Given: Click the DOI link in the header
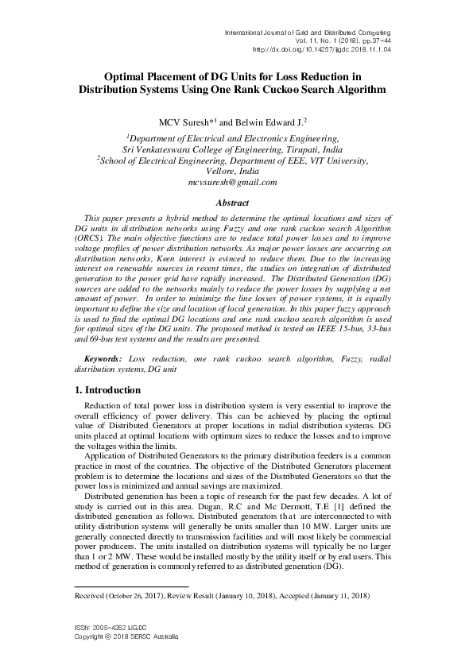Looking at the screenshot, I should pos(322,48).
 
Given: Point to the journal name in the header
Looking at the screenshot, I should pos(309,29).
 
